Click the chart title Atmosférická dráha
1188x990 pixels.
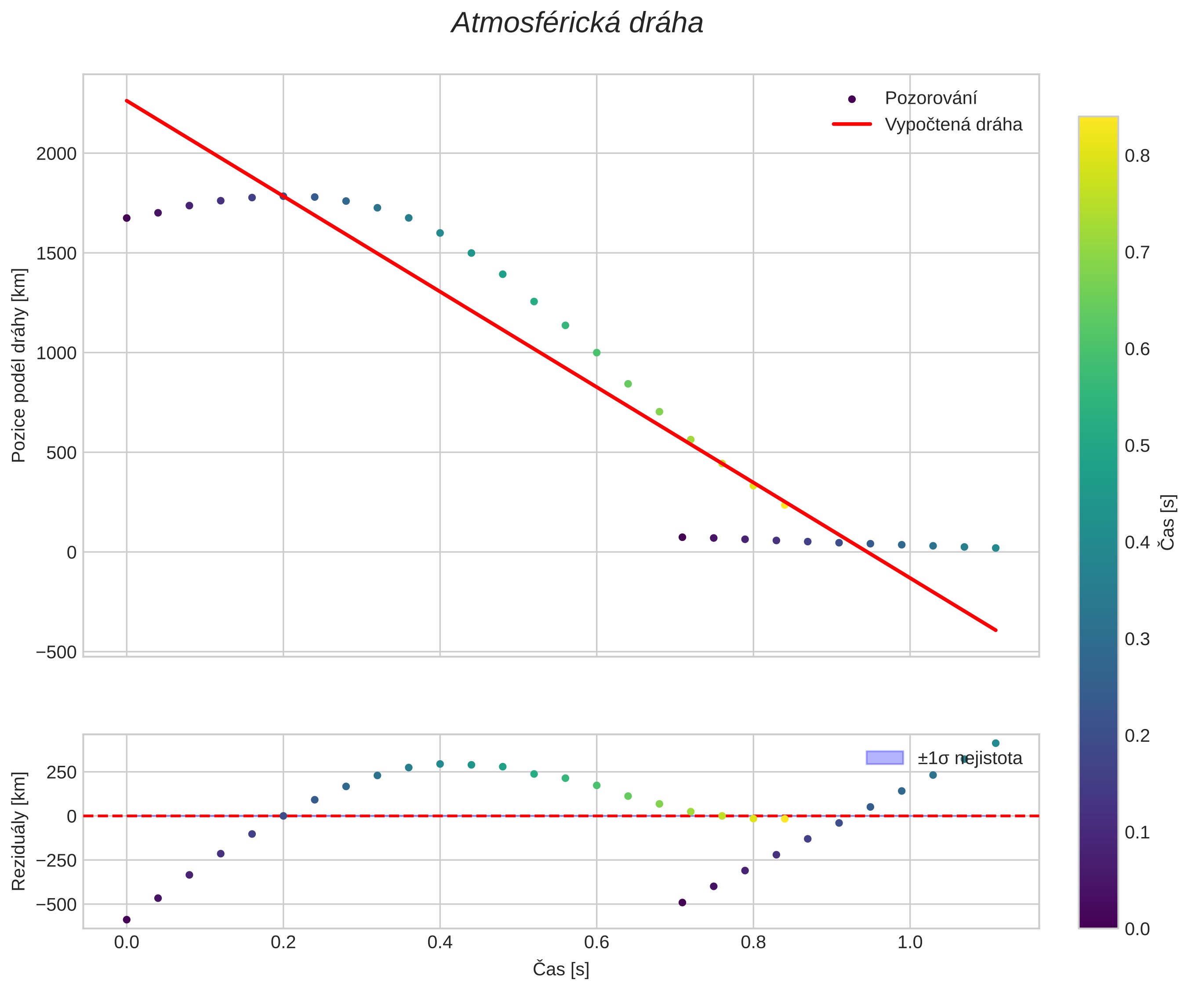coord(577,24)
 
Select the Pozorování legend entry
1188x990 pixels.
coord(930,98)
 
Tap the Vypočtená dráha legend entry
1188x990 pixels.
coord(953,124)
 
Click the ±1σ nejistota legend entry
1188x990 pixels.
coord(969,758)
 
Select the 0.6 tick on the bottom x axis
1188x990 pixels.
coord(596,943)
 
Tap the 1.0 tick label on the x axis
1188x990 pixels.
coord(910,943)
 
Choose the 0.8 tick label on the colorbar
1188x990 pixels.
coord(1137,156)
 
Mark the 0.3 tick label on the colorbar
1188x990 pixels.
coord(1137,639)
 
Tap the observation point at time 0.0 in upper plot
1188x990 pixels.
coord(127,218)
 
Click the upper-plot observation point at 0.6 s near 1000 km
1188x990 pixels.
coord(596,352)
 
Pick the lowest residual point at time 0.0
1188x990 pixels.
coord(127,920)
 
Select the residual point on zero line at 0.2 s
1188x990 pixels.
coord(283,816)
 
